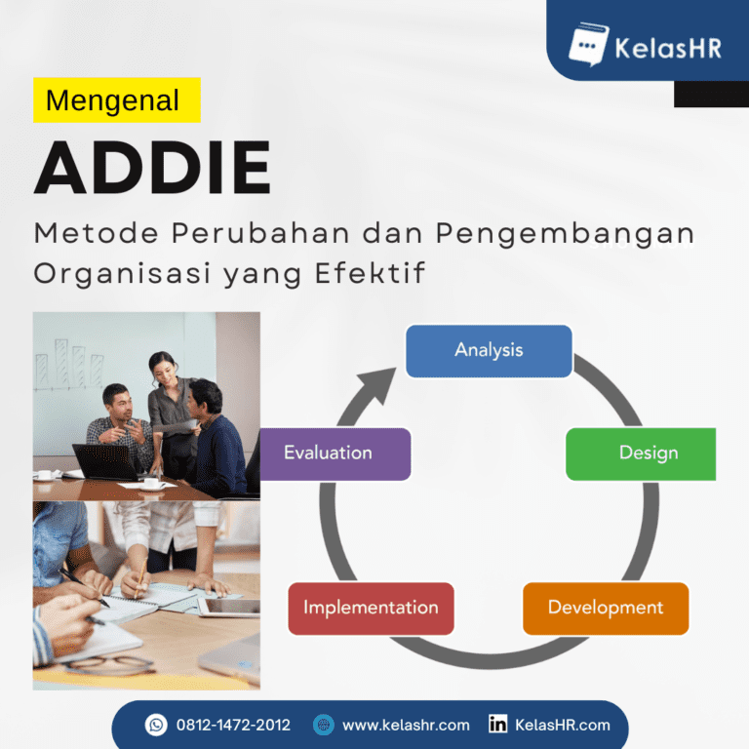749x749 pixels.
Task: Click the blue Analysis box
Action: point(489,351)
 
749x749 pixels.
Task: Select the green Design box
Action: point(641,453)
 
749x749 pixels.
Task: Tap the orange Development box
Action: point(606,609)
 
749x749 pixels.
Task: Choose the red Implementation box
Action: point(371,609)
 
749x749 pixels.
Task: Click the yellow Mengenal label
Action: point(116,100)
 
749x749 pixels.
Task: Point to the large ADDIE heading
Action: point(152,168)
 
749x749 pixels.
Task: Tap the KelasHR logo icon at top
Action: point(588,43)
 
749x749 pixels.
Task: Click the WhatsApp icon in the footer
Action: point(156,725)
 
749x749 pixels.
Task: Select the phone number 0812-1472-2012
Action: point(233,725)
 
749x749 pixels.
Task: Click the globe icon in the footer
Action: point(324,725)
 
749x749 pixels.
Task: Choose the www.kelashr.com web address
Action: point(406,725)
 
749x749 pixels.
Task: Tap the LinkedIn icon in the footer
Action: point(497,725)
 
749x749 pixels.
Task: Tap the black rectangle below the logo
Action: point(710,94)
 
